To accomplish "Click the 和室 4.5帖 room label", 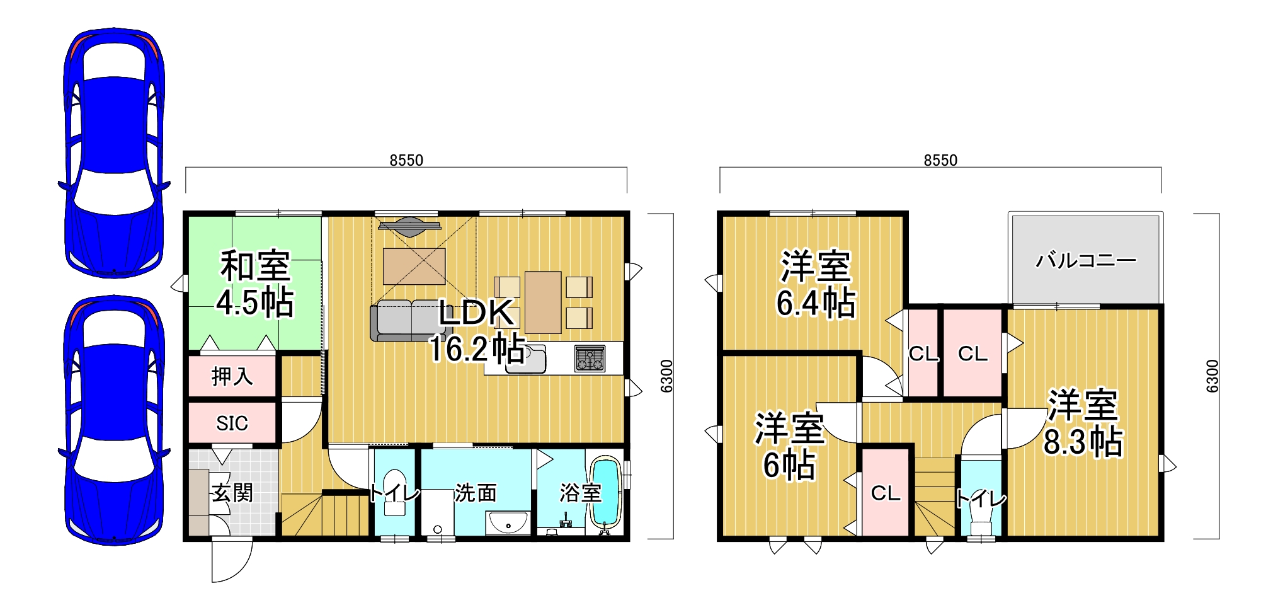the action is (x=255, y=284).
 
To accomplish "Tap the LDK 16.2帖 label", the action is (x=477, y=331).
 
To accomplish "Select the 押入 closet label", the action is (x=232, y=376).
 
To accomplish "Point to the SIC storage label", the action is (x=232, y=423).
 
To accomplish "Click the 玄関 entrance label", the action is (x=232, y=492).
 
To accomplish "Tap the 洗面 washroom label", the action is (x=476, y=492).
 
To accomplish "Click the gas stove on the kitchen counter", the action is (x=590, y=358).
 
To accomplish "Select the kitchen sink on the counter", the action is (x=526, y=359).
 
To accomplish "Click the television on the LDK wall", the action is (x=409, y=225).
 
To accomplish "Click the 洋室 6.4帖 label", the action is (x=816, y=284).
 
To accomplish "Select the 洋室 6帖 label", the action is (x=790, y=446).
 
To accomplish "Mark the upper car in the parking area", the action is (x=114, y=152).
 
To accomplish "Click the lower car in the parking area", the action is (x=114, y=420).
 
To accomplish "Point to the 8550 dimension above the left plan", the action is (x=406, y=161).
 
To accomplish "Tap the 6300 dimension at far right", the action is (x=1212, y=376).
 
